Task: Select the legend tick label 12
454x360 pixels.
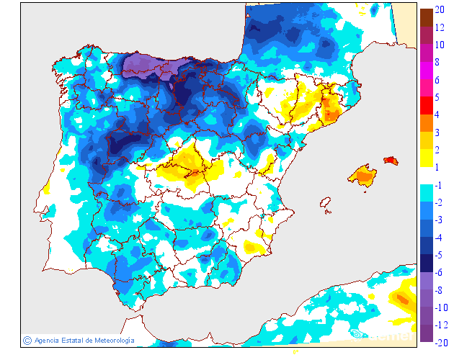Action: (x=440, y=29)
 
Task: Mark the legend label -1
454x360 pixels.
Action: (x=439, y=186)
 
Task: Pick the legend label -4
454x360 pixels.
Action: (x=439, y=238)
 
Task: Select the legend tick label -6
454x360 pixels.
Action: (x=439, y=273)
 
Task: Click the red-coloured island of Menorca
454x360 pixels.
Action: (x=390, y=161)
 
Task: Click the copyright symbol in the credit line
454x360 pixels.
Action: (x=27, y=340)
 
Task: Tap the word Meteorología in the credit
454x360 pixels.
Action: (x=110, y=340)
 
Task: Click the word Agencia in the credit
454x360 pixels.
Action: (x=47, y=340)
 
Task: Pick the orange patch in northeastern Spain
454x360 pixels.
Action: (x=331, y=110)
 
